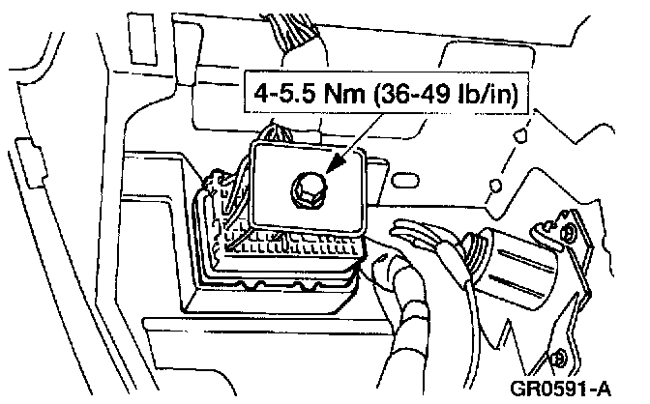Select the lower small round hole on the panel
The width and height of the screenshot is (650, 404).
click(x=495, y=185)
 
